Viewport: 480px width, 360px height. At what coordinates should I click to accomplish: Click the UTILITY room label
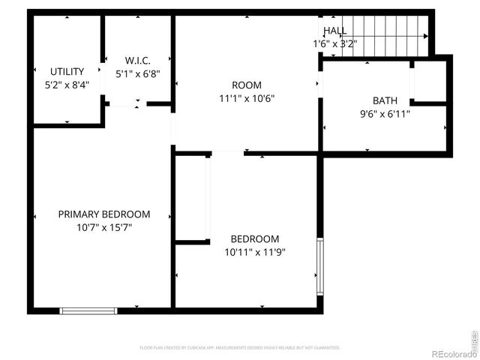pyautogui.click(x=67, y=72)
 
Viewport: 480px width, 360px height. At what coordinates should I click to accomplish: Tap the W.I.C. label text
pyautogui.click(x=138, y=61)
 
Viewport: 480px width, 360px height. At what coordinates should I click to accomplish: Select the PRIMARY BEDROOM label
pyautogui.click(x=104, y=214)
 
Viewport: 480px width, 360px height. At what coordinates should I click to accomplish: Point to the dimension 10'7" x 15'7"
pyautogui.click(x=104, y=227)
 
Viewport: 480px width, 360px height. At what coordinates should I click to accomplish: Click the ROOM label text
pyautogui.click(x=247, y=85)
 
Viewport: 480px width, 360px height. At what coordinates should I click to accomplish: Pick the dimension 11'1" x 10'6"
pyautogui.click(x=247, y=97)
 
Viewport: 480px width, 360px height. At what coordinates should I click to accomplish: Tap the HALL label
pyautogui.click(x=334, y=31)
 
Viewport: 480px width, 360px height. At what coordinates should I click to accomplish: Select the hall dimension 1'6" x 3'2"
pyautogui.click(x=334, y=43)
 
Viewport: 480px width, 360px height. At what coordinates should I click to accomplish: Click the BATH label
pyautogui.click(x=385, y=101)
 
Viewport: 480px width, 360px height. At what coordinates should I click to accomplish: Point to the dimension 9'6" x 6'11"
pyautogui.click(x=385, y=114)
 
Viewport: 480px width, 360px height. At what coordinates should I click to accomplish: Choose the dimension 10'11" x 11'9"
pyautogui.click(x=255, y=252)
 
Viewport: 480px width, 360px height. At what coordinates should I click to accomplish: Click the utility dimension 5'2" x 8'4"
pyautogui.click(x=67, y=85)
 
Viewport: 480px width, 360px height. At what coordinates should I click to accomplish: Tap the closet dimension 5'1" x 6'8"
pyautogui.click(x=138, y=74)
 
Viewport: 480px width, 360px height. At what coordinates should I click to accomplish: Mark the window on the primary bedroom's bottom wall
pyautogui.click(x=88, y=310)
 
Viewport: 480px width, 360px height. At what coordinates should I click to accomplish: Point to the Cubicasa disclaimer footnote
pyautogui.click(x=240, y=348)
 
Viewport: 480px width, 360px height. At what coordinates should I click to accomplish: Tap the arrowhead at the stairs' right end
pyautogui.click(x=426, y=35)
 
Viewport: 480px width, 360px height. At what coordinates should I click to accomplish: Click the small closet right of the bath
pyautogui.click(x=430, y=80)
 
